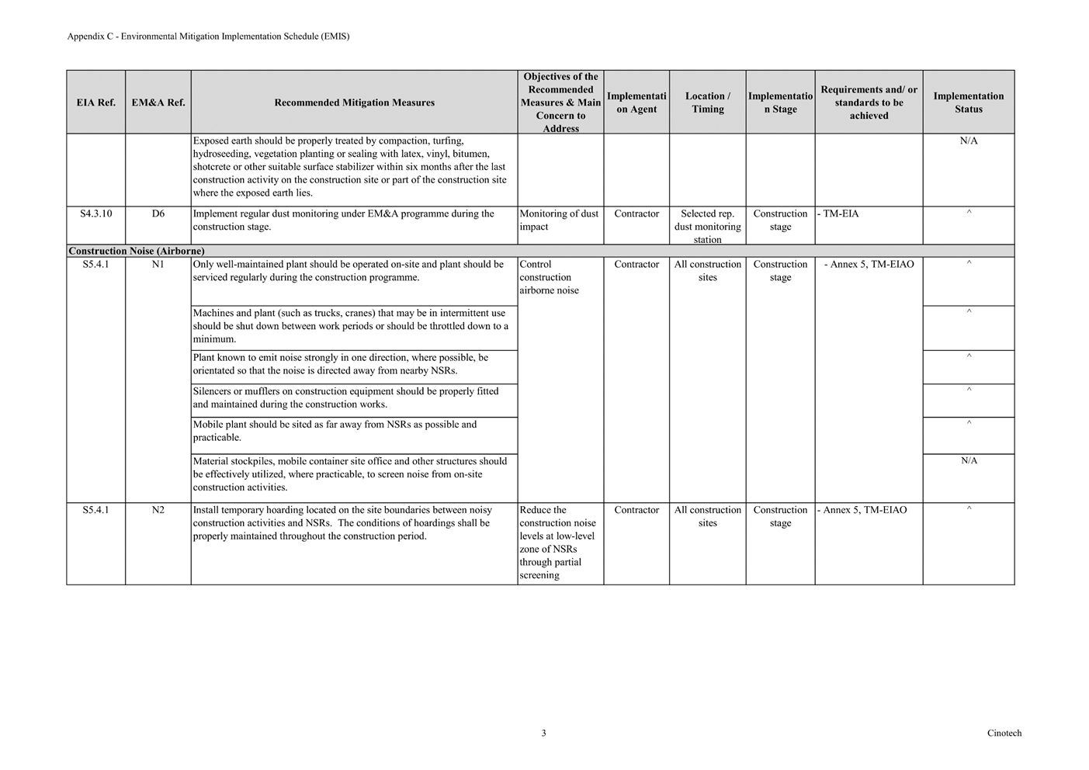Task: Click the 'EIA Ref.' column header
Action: tap(95, 102)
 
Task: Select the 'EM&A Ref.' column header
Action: tap(158, 102)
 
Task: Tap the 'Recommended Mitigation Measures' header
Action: tap(354, 102)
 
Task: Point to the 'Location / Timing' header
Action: tap(707, 102)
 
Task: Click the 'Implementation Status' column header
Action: tap(968, 102)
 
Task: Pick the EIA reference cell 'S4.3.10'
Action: tap(95, 213)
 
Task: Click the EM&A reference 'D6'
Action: tap(158, 213)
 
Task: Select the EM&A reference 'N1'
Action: tap(158, 264)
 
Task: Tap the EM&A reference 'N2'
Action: tap(158, 510)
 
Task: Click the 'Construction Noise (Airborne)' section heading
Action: tap(137, 251)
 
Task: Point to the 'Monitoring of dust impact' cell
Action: tap(559, 220)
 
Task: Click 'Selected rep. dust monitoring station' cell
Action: tap(707, 226)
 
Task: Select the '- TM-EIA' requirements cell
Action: tap(839, 213)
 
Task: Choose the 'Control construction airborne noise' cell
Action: tap(550, 277)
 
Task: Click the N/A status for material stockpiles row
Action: tap(969, 460)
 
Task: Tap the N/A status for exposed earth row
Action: tap(969, 140)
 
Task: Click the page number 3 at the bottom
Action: tap(543, 733)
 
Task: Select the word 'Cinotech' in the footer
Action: tap(1004, 733)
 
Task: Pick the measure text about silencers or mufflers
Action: tap(345, 397)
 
